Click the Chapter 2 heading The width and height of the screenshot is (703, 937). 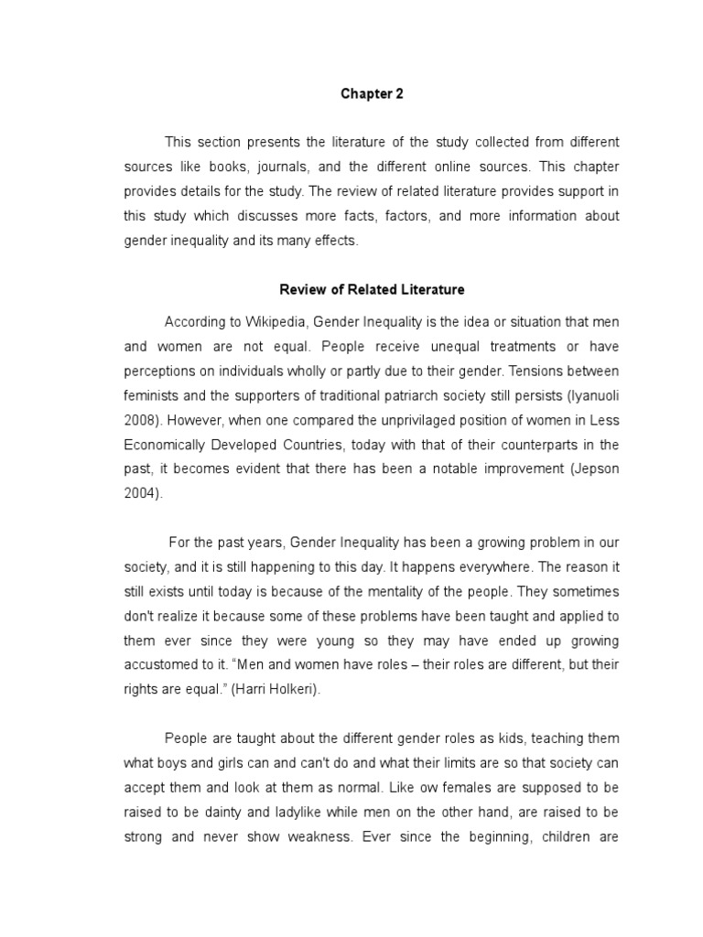372,93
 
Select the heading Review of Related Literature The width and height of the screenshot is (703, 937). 372,290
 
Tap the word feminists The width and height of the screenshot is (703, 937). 153,396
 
